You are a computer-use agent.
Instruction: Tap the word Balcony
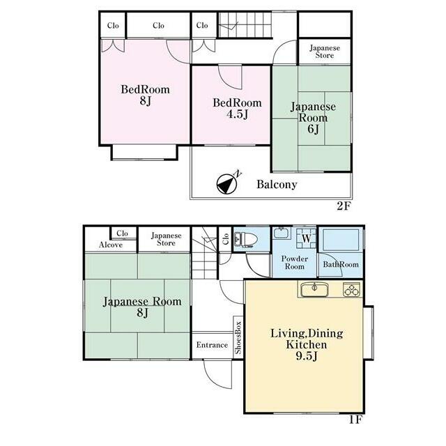tap(277, 185)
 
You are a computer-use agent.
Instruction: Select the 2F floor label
tap(344, 206)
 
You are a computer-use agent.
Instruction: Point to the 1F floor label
tap(355, 420)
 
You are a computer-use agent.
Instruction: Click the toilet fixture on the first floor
tap(245, 238)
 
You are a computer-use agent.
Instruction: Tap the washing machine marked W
tap(307, 238)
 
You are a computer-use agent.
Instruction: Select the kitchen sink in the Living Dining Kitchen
tap(314, 289)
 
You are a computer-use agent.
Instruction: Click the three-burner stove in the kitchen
tap(352, 290)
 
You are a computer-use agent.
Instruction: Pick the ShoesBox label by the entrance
tap(238, 338)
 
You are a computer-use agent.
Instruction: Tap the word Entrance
tap(212, 345)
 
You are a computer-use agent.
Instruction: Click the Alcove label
tap(111, 245)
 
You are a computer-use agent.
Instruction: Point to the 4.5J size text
tap(238, 114)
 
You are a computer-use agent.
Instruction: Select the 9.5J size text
tap(307, 356)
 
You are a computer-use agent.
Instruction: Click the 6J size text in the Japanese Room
tap(313, 129)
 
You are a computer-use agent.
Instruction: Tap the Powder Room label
tap(295, 263)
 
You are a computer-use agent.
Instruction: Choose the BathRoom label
tap(341, 265)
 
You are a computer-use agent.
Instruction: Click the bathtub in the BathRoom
tap(341, 240)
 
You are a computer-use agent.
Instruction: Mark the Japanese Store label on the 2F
tap(325, 52)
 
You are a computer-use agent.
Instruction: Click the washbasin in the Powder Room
tap(282, 233)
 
